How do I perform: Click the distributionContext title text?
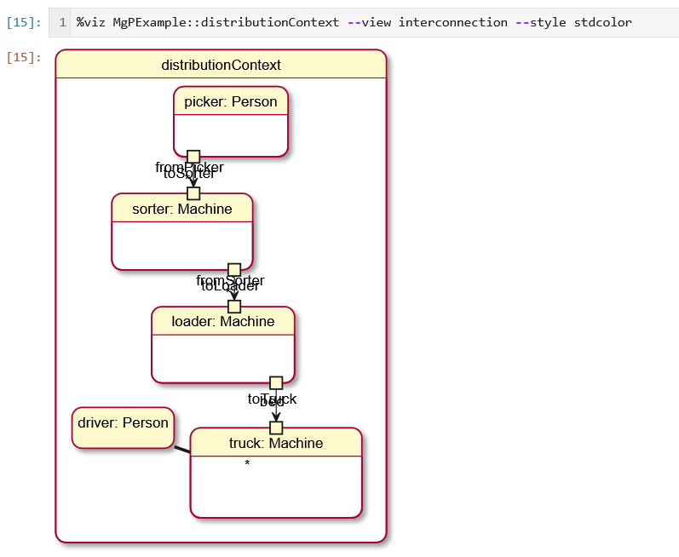point(221,65)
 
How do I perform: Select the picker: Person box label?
point(231,102)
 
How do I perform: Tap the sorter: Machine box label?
point(182,209)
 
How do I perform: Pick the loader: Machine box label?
point(223,321)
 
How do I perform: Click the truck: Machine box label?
point(276,443)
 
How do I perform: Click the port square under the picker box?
point(193,157)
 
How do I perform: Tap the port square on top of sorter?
point(193,193)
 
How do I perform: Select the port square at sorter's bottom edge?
point(234,270)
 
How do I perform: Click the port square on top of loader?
point(234,307)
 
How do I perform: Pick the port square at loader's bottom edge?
point(276,383)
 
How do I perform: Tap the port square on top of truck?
point(276,428)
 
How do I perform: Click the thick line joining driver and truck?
point(182,449)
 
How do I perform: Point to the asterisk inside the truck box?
point(247,464)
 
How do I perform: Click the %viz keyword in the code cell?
point(92,22)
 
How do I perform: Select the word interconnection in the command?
point(453,22)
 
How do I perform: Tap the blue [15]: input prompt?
point(24,22)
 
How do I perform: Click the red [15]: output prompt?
point(24,58)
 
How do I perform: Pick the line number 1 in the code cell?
point(62,22)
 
